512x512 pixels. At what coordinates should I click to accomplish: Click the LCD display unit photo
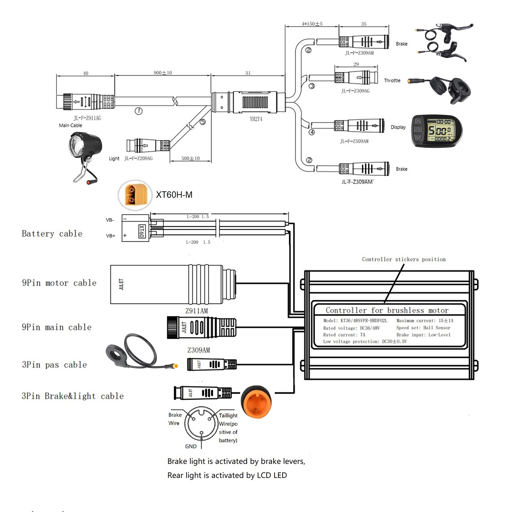(x=436, y=131)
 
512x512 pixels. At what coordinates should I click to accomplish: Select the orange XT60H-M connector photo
(x=135, y=195)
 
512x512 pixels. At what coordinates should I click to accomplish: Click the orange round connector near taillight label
(x=256, y=402)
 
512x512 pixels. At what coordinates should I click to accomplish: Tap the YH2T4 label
(x=256, y=119)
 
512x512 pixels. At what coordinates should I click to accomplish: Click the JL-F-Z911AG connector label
(x=87, y=118)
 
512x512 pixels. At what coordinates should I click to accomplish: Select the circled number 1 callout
(x=139, y=111)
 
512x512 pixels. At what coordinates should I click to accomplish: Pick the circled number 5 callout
(x=203, y=122)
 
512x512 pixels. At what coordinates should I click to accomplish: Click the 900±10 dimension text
(x=163, y=73)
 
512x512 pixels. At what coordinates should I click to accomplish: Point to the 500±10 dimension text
(x=190, y=158)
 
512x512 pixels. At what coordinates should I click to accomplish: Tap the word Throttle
(x=392, y=81)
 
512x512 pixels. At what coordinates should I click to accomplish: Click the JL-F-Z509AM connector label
(x=354, y=141)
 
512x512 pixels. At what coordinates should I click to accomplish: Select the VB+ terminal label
(x=110, y=236)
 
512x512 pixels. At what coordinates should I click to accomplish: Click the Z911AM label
(x=196, y=311)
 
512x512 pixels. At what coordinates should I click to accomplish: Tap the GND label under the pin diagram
(x=191, y=446)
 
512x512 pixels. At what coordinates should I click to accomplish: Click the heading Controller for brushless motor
(x=387, y=310)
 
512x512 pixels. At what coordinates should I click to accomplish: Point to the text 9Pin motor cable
(x=59, y=283)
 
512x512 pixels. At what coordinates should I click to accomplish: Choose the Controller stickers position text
(x=404, y=259)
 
